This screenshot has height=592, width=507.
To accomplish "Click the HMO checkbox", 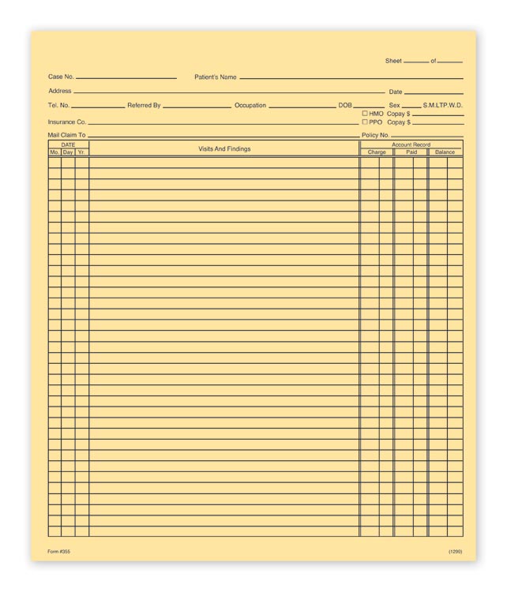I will point(365,114).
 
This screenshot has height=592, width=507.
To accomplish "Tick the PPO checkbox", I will point(365,122).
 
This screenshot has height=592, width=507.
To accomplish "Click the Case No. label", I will point(61,77).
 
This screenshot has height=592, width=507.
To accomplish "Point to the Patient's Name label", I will point(216,77).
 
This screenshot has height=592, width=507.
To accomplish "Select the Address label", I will point(60,92).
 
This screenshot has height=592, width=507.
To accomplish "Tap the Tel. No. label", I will point(58,106).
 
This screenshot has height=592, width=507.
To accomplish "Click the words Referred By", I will point(144,106).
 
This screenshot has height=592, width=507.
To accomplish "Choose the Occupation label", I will point(250,106).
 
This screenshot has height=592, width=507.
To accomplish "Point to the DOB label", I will point(345,106).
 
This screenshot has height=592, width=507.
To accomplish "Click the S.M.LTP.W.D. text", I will point(443,106).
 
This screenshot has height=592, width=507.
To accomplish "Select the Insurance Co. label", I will point(67,122).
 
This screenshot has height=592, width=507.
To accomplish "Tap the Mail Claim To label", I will point(66,136).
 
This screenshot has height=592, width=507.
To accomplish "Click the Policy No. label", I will point(375,136).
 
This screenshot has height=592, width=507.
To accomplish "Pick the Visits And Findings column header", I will point(224,148).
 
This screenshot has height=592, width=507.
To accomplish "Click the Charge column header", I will point(377,152).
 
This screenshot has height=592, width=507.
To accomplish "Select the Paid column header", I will point(411,152).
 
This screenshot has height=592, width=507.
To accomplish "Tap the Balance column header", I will point(445,152).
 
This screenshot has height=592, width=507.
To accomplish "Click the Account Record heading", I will point(411,144).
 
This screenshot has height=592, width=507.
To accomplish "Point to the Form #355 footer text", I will point(59,551).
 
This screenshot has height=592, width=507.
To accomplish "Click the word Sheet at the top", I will point(393,61).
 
